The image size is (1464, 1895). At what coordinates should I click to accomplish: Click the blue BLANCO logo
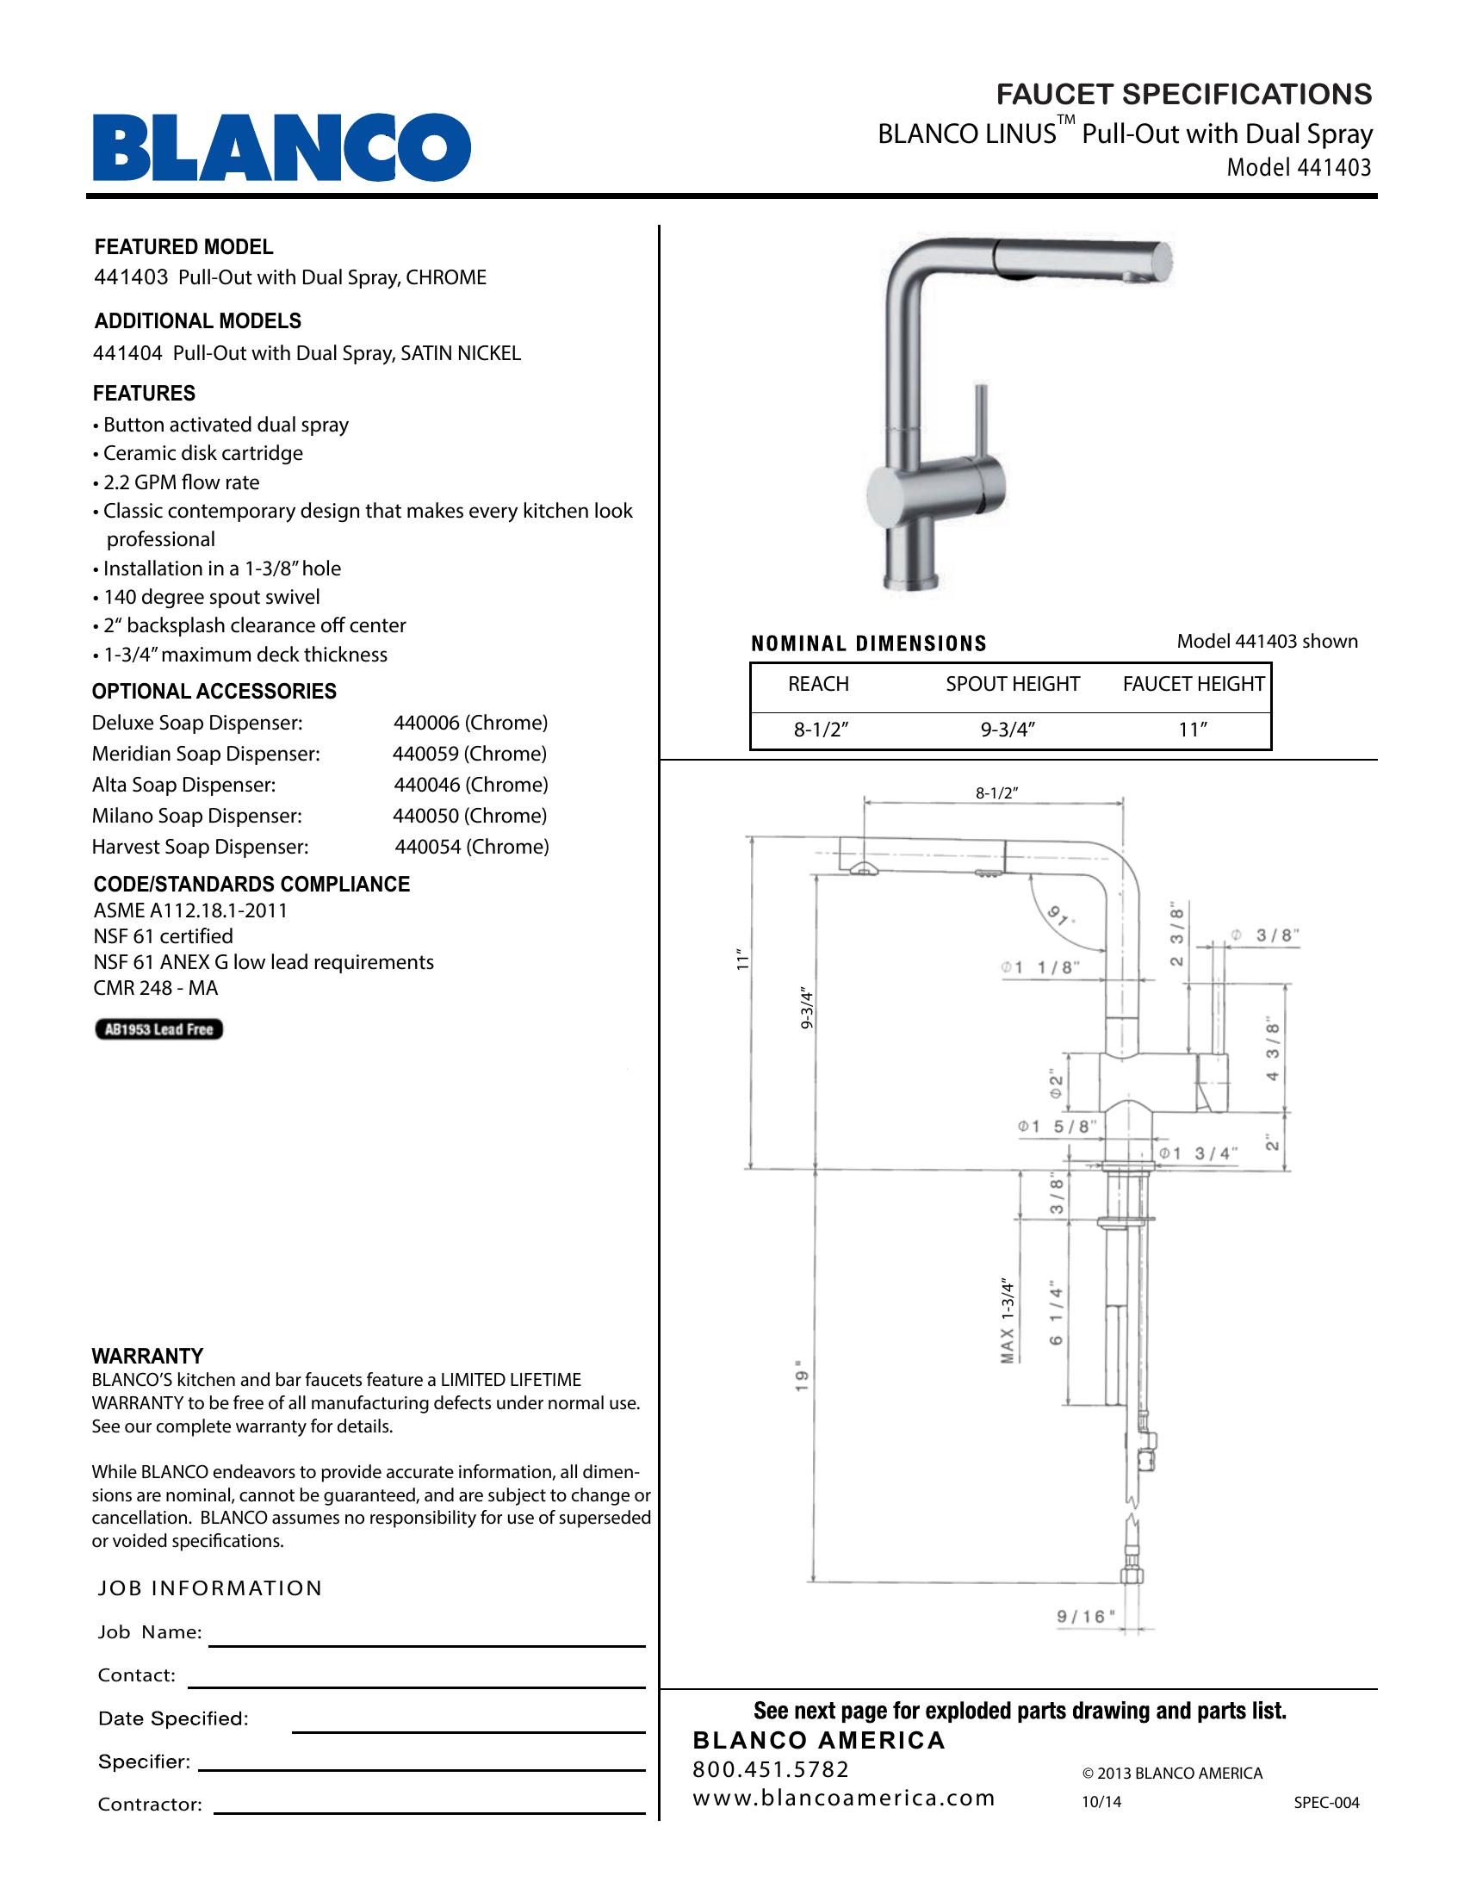point(282,147)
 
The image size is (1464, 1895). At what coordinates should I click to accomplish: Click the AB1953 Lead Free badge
point(158,1029)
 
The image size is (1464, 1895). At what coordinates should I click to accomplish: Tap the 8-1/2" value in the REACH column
point(820,730)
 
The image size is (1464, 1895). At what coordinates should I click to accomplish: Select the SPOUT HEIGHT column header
point(1012,684)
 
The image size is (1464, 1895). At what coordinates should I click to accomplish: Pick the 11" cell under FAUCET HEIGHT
point(1193,730)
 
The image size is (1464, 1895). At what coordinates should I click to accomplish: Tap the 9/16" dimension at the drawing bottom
point(1086,1616)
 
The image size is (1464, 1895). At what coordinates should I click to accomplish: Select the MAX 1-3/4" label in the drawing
point(1007,1320)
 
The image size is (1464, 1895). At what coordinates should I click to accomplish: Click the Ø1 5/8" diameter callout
point(1058,1127)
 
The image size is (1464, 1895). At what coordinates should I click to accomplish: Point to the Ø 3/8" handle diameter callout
point(1264,935)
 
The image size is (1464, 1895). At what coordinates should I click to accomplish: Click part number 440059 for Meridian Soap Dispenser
point(469,753)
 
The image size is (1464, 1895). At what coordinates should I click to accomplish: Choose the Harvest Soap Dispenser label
point(201,846)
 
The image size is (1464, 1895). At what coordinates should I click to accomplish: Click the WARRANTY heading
point(147,1356)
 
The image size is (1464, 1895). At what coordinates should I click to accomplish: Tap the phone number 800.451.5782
point(771,1769)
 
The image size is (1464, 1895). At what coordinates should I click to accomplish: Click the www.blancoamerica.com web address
point(843,1798)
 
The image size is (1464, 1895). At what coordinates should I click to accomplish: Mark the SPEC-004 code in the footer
point(1326,1802)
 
